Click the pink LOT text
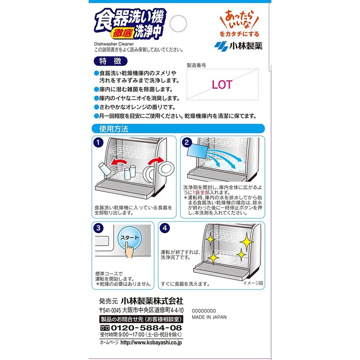coord(221,85)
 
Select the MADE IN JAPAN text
coord(209,317)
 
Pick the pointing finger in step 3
coord(129,249)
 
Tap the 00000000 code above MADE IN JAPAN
coord(205,310)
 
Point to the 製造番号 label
coord(196,65)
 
